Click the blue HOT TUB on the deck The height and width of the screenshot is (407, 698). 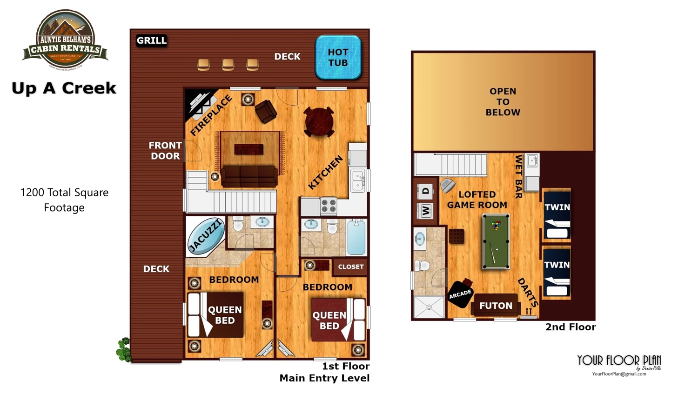338,57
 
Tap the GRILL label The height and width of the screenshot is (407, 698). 151,41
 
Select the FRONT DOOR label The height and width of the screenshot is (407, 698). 165,151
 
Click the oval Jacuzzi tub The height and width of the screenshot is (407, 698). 205,236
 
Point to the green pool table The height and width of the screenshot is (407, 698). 496,241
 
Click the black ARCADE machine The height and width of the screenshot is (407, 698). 460,294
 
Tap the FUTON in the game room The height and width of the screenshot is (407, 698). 496,306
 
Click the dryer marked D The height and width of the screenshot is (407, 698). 426,191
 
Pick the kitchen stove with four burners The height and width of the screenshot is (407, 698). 329,206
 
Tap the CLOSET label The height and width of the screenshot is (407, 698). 350,267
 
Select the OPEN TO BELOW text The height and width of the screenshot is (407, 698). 503,102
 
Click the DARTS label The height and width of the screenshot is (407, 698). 528,293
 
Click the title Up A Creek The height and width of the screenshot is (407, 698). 64,88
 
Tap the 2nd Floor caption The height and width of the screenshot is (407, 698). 570,327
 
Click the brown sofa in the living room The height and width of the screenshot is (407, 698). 249,176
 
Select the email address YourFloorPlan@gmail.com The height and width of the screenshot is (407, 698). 619,374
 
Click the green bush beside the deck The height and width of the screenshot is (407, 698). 123,350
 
